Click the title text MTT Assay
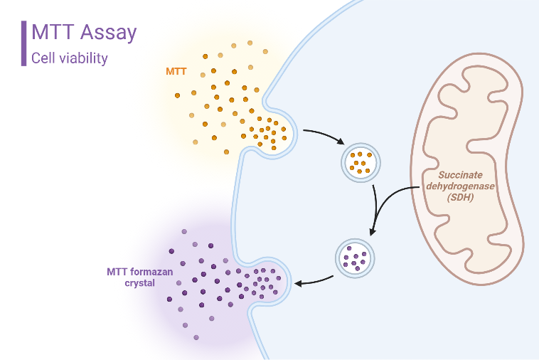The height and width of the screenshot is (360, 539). coord(84,32)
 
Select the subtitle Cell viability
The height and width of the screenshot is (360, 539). coord(70,58)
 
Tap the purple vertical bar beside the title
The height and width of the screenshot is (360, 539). coord(24,43)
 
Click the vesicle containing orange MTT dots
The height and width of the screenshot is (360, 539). coord(361,162)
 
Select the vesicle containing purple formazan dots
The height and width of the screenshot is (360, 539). coord(354,257)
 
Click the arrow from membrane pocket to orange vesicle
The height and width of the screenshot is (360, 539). coord(324,137)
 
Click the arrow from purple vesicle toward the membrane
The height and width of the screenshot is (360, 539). coord(314,280)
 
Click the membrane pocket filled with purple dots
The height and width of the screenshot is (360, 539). coord(265,282)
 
